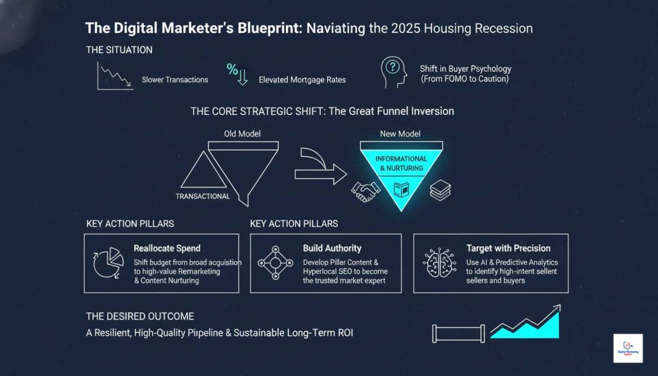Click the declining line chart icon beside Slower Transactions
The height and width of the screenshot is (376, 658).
click(x=114, y=76)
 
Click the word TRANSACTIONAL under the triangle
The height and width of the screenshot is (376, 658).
click(x=202, y=196)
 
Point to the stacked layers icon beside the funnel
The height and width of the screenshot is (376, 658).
click(x=440, y=190)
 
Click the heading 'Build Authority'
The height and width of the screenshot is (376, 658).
click(x=332, y=248)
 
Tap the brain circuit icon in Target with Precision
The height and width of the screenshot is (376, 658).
click(x=439, y=262)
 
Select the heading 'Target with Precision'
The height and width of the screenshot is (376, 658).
click(x=508, y=248)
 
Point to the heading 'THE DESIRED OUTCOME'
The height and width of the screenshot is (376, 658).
click(x=140, y=316)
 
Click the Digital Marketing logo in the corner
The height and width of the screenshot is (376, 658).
click(x=628, y=348)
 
